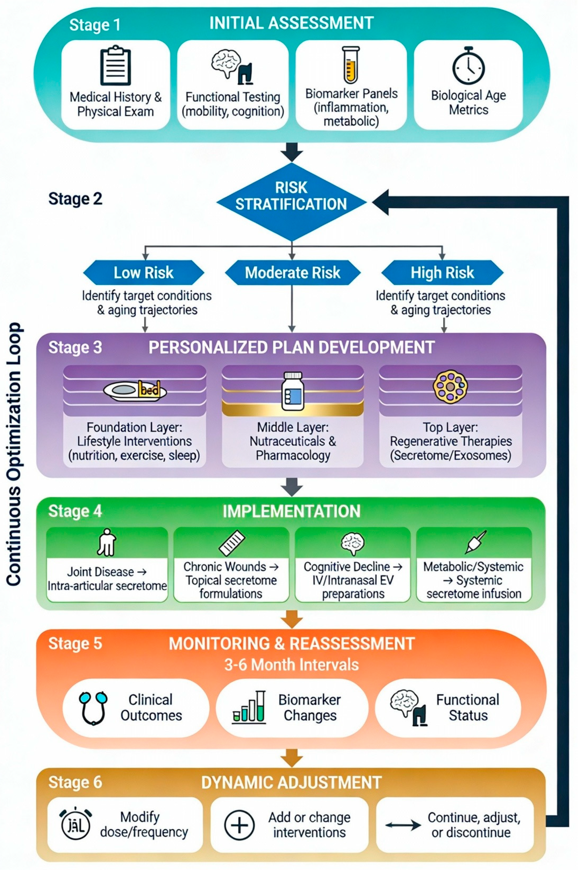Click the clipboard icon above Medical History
tap(115, 65)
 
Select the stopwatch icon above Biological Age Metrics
tap(469, 66)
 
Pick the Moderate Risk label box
tap(292, 273)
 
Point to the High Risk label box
tap(442, 273)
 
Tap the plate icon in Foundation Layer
tap(135, 390)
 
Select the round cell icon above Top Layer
tap(450, 387)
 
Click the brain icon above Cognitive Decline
tap(353, 544)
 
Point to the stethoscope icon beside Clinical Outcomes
tap(93, 708)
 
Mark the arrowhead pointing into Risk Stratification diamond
tap(380, 202)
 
